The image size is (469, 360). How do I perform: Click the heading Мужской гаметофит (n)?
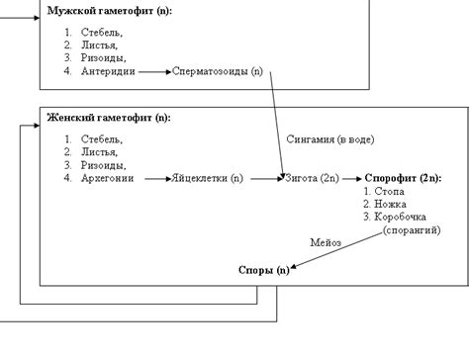pos(108,11)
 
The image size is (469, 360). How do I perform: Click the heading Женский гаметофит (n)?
pos(108,118)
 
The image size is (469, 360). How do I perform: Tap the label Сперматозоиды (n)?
pos(218,72)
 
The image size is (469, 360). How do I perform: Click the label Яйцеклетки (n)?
pos(208,179)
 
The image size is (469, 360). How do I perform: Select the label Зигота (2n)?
pos(312,179)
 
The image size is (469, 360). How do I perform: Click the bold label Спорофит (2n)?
pos(403,179)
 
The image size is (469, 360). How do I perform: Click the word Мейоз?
pos(326,241)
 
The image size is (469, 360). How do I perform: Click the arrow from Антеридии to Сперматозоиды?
pos(152,72)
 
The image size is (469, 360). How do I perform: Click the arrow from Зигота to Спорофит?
pos(352,179)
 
